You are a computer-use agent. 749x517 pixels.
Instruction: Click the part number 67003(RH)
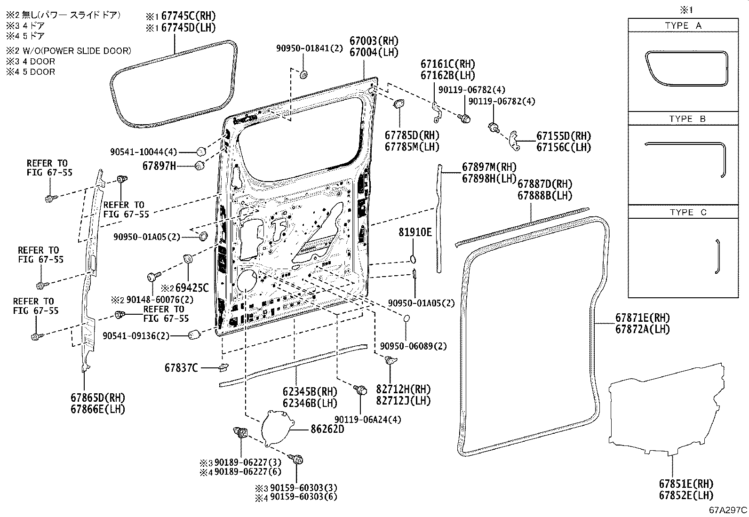click(374, 41)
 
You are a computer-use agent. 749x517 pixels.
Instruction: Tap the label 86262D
click(327, 429)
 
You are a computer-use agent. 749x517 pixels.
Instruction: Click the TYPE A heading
click(683, 25)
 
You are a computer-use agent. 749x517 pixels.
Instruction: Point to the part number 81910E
click(415, 231)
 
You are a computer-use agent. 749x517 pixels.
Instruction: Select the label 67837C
click(181, 368)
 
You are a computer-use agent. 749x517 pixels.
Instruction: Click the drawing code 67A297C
click(728, 510)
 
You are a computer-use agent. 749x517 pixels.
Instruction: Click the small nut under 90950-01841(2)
click(304, 74)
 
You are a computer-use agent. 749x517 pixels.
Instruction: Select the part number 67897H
click(159, 166)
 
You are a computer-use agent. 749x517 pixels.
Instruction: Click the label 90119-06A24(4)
click(368, 419)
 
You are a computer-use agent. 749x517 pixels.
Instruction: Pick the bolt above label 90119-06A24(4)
click(361, 390)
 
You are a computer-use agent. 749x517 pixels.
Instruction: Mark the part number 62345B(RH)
click(310, 391)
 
